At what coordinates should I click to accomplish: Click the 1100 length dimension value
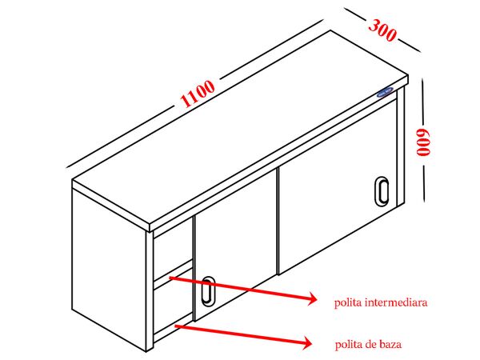pos(198,93)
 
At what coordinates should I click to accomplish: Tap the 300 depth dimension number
pos(382,30)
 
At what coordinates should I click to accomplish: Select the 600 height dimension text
pos(423,142)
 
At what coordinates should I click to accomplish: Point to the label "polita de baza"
pos(368,344)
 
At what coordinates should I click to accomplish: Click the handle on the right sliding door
pos(382,191)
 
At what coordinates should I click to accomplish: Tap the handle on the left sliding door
pos(208,291)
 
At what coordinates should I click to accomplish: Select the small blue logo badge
pos(385,91)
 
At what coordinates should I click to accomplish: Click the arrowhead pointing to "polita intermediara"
pos(312,298)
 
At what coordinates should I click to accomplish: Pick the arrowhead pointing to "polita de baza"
pos(307,342)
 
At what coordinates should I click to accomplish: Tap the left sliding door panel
pos(236,245)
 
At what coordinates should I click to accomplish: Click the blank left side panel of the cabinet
pos(109,270)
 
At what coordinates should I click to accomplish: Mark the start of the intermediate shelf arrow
pos(170,278)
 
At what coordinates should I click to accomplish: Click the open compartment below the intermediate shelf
pos(174,309)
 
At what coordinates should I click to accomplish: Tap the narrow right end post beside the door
pos(401,146)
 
